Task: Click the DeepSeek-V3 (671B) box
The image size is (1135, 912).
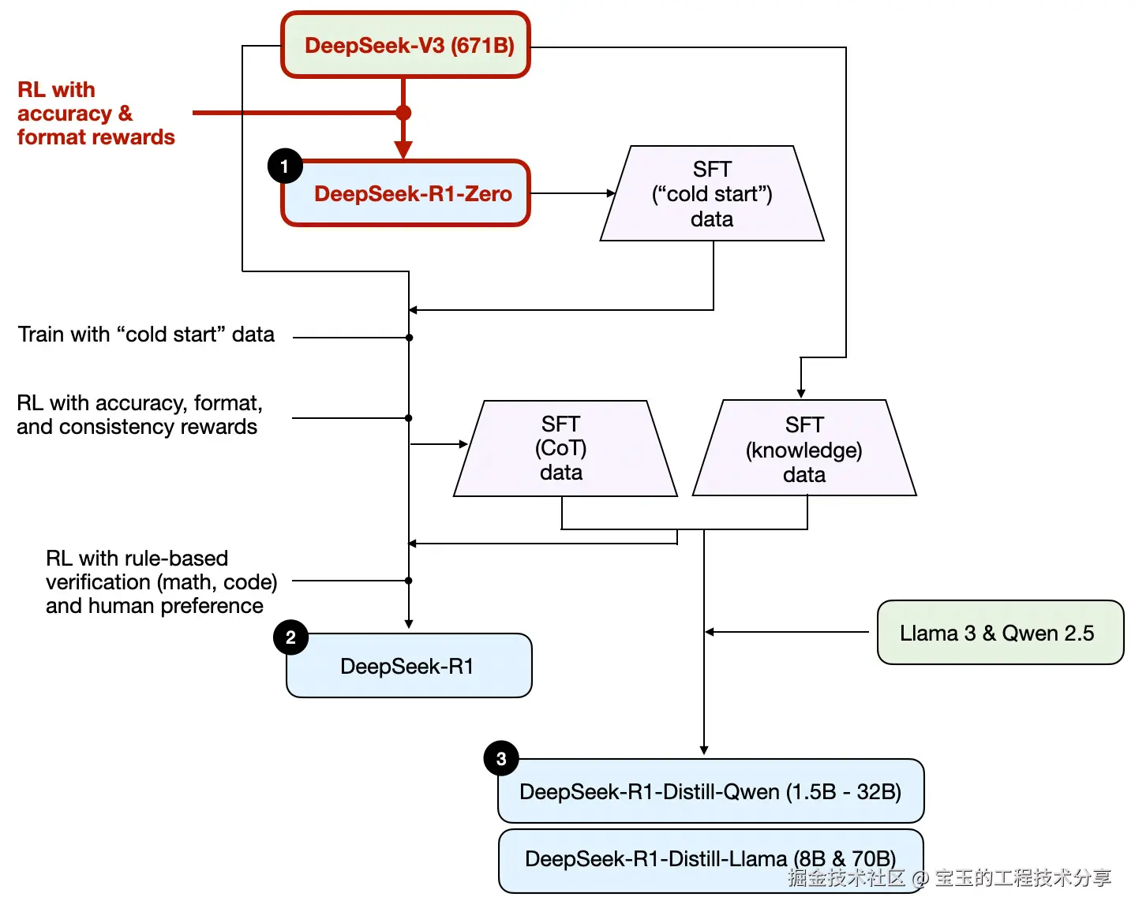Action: tap(406, 45)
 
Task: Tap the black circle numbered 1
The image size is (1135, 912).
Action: tap(285, 166)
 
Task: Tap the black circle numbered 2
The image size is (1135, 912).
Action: tap(290, 637)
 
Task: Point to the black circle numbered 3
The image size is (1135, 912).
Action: tap(501, 759)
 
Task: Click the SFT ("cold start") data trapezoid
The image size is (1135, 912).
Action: tap(712, 194)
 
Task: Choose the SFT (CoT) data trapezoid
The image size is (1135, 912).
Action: tap(564, 449)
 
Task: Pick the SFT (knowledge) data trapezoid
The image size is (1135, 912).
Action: tap(804, 450)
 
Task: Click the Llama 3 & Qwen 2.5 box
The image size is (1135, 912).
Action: tap(1000, 633)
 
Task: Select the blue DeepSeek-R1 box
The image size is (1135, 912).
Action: tap(409, 667)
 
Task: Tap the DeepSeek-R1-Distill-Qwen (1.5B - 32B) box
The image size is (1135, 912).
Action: tap(710, 791)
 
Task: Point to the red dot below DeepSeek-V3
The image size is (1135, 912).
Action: tap(403, 113)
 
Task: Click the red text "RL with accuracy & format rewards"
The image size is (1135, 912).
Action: tap(95, 114)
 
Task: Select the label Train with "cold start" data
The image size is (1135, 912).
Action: tap(146, 335)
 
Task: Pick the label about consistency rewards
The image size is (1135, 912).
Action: tap(138, 415)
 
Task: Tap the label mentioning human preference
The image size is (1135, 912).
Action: tap(161, 582)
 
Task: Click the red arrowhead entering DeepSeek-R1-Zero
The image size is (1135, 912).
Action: tap(403, 151)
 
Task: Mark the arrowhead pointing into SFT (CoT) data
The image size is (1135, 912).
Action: tap(463, 444)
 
